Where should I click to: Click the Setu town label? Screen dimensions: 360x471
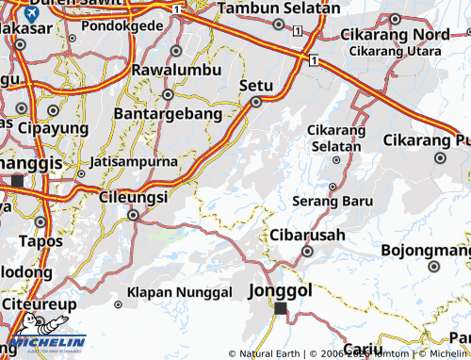click(256, 85)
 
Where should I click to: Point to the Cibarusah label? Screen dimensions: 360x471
click(307, 235)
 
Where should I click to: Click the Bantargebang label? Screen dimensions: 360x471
click(168, 113)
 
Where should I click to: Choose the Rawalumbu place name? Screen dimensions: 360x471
click(178, 70)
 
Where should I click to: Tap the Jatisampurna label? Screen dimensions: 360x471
click(134, 161)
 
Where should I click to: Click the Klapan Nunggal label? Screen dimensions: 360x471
click(180, 292)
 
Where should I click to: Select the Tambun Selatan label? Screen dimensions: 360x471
click(279, 8)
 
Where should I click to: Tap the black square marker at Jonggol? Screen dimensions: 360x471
click(280, 307)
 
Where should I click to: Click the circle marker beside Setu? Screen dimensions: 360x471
click(255, 103)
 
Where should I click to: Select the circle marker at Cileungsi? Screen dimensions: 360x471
click(133, 215)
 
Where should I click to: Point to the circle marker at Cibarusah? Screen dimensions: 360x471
click(307, 252)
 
